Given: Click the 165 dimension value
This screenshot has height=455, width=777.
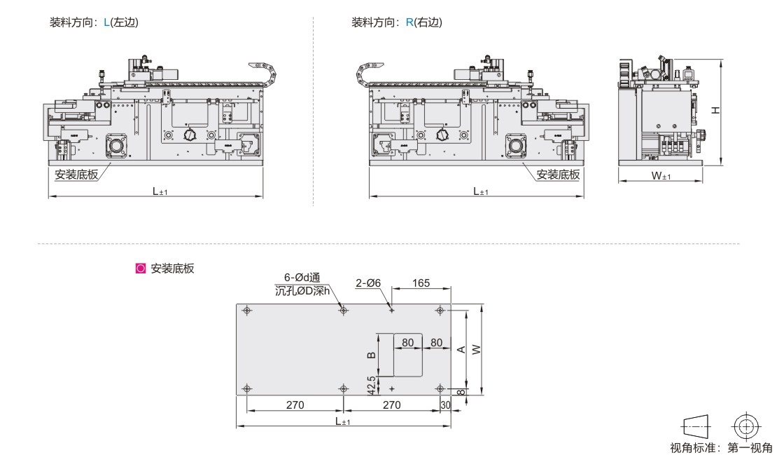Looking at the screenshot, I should [x=420, y=283].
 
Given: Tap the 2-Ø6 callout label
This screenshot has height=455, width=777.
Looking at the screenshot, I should [x=367, y=283].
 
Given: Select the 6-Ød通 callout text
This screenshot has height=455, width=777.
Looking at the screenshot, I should [x=302, y=278].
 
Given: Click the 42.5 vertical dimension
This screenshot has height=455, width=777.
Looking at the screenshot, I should [x=372, y=384].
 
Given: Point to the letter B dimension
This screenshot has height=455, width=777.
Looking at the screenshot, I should [x=372, y=354].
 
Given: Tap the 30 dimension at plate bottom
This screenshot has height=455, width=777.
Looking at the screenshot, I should [x=444, y=405].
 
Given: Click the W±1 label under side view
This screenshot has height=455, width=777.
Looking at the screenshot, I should [x=661, y=176].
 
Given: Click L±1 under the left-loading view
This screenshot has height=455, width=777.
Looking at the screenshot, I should [x=160, y=191].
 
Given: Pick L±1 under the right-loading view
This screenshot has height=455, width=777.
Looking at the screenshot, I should [x=481, y=191].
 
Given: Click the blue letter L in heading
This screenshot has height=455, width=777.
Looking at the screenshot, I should [x=106, y=22].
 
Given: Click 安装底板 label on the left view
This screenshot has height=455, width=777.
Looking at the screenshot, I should [x=76, y=175].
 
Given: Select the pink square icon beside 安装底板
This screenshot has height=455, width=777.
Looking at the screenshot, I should [x=140, y=268].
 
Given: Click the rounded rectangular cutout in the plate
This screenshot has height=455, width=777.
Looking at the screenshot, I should [x=408, y=354].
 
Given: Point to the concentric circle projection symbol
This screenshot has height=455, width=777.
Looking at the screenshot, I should [x=746, y=425].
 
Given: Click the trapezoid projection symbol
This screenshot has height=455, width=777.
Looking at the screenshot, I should [x=694, y=425].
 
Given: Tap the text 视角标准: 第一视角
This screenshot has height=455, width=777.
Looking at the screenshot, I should [x=721, y=447].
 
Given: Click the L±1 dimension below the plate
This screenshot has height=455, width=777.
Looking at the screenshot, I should [x=342, y=421].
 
